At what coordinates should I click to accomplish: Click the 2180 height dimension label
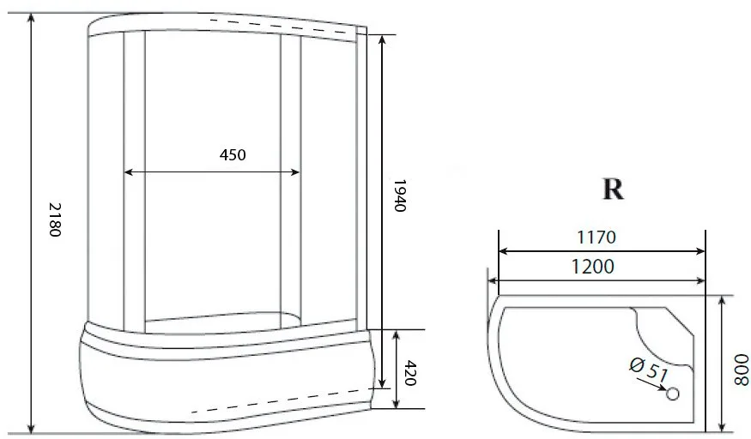55,219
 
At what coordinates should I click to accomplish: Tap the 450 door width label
233,155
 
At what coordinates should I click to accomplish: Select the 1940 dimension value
399,195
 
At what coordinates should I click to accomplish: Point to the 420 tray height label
410,373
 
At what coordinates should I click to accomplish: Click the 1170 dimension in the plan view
597,238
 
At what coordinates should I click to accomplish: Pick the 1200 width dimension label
593,267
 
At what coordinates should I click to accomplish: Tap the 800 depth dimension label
741,370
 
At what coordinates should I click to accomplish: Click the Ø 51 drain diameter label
649,370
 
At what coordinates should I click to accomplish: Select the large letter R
613,189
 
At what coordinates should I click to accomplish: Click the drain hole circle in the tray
673,394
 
